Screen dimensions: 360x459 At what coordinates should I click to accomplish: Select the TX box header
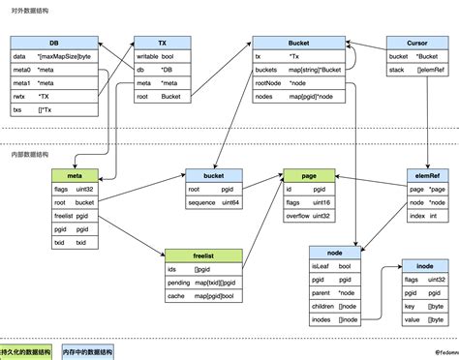pos(161,43)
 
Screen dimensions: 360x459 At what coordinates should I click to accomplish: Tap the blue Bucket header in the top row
pos(297,43)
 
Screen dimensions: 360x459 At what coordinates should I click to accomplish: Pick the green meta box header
pos(74,175)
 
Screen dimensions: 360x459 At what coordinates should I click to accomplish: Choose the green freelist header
pos(204,253)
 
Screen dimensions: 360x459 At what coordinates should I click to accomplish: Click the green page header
pos(309,175)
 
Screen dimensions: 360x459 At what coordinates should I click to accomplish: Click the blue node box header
pos(334,252)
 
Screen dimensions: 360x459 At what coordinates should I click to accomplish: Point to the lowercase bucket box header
pos(214,176)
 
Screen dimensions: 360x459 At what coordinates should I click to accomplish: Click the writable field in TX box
pos(147,56)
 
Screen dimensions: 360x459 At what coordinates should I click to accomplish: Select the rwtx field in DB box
pos(19,97)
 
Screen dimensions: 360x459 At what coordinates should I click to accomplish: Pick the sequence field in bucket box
pos(203,203)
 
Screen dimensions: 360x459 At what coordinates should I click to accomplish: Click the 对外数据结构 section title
pos(29,9)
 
